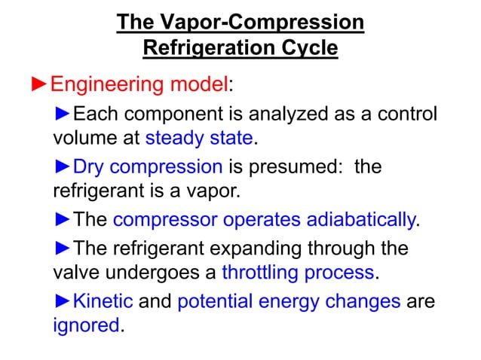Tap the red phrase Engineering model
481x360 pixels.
pos(139,84)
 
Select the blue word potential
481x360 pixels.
pos(215,302)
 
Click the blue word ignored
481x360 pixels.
pos(86,325)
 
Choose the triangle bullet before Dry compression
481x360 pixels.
pos(63,166)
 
